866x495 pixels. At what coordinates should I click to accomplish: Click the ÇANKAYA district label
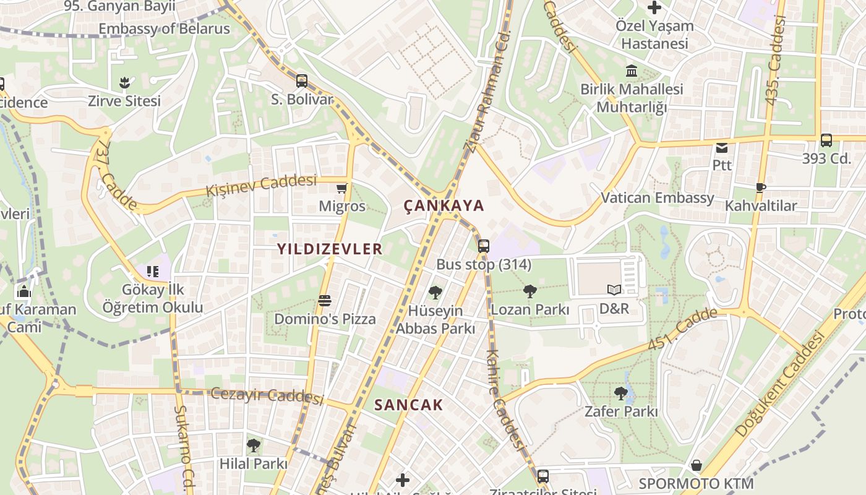444,205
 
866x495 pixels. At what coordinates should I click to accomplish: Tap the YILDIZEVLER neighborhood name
330,249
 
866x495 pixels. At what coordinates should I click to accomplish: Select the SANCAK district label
408,405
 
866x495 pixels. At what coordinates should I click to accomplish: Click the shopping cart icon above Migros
341,188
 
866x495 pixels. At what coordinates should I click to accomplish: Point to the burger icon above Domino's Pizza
325,301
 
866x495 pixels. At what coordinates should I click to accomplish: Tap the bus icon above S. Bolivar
302,81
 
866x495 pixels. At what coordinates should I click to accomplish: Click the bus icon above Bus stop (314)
483,246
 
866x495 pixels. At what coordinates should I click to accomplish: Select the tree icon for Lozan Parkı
529,291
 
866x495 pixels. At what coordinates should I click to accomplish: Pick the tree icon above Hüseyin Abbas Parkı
435,293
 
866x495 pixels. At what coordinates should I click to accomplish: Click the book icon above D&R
614,290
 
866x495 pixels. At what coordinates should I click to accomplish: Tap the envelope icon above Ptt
722,147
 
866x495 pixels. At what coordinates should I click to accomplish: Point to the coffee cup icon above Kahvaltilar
761,187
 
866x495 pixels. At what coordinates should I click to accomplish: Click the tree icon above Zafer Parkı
621,393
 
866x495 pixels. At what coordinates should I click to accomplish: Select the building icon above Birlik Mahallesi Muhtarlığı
632,71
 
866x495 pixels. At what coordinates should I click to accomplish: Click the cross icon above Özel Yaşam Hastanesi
654,8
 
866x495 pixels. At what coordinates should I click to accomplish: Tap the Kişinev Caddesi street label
261,184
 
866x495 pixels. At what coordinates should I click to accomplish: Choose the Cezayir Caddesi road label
267,395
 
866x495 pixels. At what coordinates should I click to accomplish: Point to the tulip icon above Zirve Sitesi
124,82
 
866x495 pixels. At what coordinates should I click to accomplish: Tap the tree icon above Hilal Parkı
253,445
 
